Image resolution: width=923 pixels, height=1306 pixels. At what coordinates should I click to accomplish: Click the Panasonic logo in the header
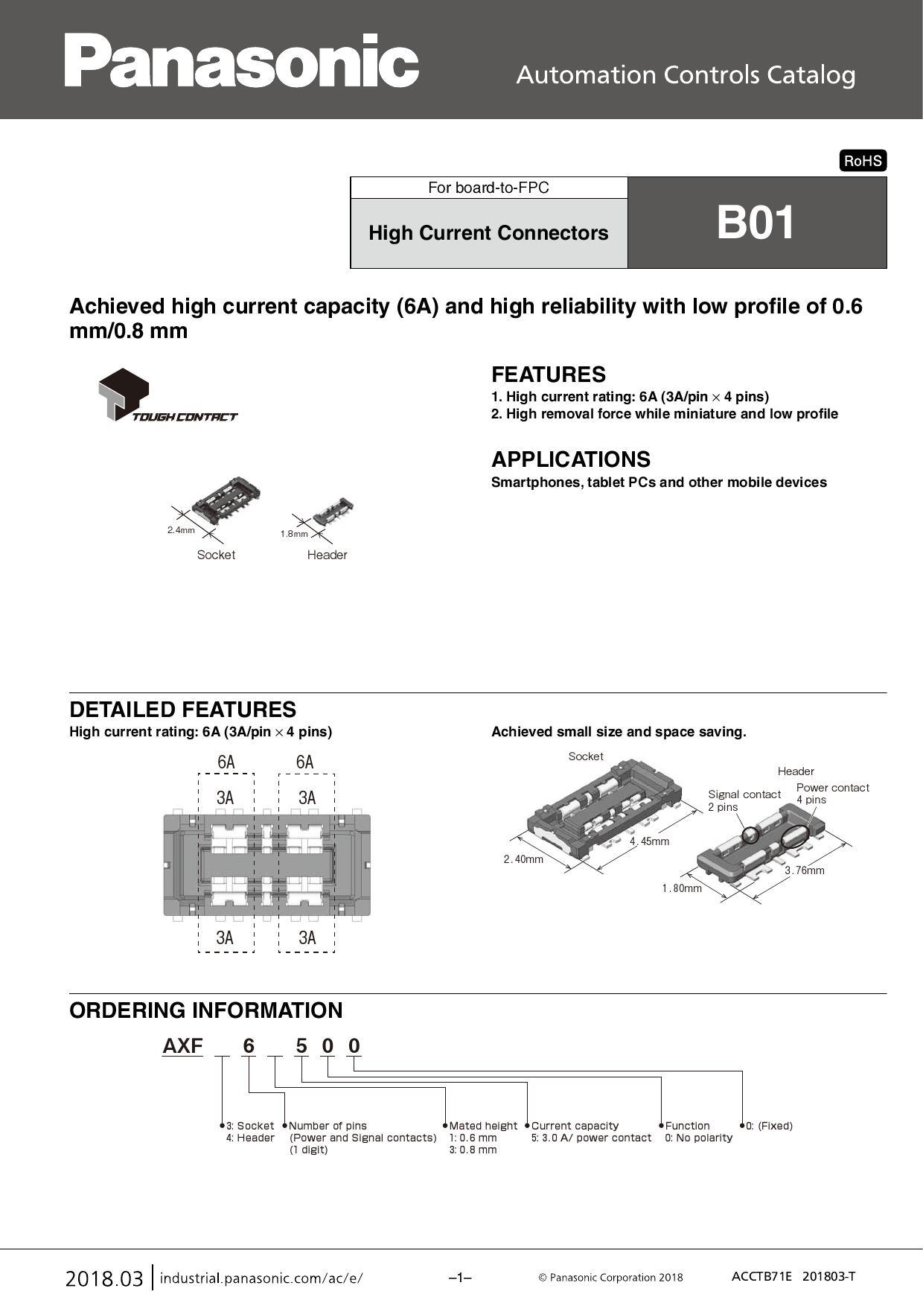(x=241, y=61)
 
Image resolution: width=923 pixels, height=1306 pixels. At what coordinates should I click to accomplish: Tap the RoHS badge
(x=863, y=161)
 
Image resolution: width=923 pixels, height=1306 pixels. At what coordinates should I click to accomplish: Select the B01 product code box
(x=756, y=223)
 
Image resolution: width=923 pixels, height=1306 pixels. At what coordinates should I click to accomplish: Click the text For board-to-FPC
(x=488, y=188)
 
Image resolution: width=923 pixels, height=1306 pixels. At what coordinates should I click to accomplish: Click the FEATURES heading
(x=549, y=375)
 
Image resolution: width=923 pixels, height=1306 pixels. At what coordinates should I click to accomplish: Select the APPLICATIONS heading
(x=571, y=459)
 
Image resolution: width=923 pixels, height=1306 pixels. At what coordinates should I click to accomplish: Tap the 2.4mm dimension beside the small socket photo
(x=181, y=530)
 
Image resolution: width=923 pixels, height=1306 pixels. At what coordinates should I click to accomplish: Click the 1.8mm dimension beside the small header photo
(x=294, y=534)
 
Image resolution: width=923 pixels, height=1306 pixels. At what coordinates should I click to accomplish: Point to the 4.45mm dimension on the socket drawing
(x=649, y=841)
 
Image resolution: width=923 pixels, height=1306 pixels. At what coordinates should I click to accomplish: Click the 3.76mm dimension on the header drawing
(x=805, y=870)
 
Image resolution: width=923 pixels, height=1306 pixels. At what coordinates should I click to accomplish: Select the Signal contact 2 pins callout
(x=743, y=800)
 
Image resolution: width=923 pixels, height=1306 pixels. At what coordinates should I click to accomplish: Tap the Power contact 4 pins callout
(x=832, y=793)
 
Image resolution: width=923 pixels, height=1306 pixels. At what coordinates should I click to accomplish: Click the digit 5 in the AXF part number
(x=301, y=1046)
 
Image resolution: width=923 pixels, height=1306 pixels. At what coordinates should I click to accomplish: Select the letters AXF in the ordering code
(x=183, y=1046)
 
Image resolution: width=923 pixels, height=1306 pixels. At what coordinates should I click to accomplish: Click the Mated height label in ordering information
(x=483, y=1126)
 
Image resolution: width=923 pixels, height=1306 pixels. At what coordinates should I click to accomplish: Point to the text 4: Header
(x=250, y=1138)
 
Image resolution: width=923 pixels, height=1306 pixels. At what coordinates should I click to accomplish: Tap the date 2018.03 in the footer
(x=104, y=1279)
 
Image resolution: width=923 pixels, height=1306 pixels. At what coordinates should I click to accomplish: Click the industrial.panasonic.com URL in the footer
(x=261, y=1278)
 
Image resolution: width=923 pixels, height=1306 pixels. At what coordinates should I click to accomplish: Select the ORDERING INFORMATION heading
(x=206, y=1010)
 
